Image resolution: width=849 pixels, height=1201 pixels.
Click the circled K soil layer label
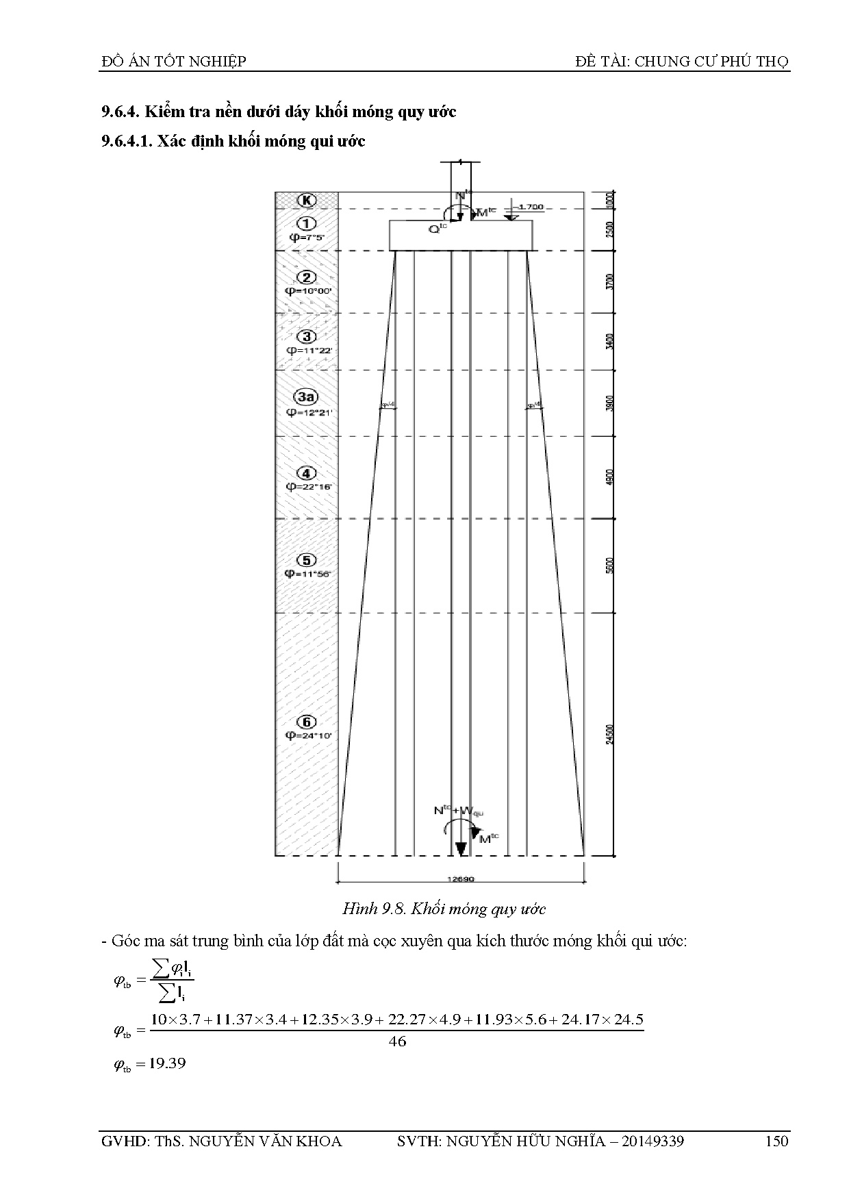coord(307,200)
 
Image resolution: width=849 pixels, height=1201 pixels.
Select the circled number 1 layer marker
coord(307,223)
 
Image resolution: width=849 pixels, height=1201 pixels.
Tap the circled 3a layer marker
coord(307,397)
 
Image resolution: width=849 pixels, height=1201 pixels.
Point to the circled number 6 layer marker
coord(307,722)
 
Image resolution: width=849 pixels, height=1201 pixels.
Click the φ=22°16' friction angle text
coord(308,487)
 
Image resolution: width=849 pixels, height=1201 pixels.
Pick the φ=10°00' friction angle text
coord(308,291)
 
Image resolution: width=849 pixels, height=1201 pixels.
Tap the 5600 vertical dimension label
coord(610,566)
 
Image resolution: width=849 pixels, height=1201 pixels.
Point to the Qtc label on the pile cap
coord(438,229)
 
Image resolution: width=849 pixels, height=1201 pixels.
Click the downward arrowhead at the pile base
coord(461,848)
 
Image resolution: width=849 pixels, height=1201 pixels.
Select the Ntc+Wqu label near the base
coord(458,811)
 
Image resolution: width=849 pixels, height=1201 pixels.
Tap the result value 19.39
coord(167,1064)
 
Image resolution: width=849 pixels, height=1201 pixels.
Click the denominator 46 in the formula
coord(397,1041)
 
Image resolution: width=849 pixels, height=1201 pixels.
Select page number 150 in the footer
coord(777,1141)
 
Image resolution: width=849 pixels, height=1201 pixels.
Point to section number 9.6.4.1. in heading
coord(127,142)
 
